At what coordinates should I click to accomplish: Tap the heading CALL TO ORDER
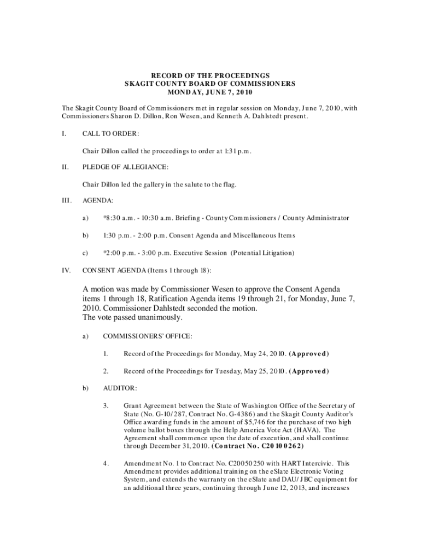[110, 133]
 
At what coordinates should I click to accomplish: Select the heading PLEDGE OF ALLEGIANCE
[125, 167]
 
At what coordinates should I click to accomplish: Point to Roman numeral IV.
[65, 270]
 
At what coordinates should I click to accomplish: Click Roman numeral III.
[66, 201]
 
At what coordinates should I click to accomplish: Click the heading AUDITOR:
[118, 388]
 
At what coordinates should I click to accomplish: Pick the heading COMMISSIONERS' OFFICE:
[147, 336]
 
